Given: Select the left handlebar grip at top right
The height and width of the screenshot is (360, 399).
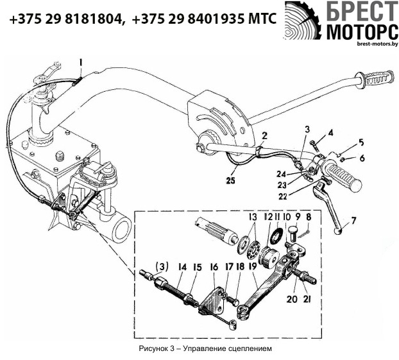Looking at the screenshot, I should [x=378, y=82].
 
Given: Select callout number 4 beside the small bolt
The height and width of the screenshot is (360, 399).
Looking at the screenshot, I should [x=331, y=133].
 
